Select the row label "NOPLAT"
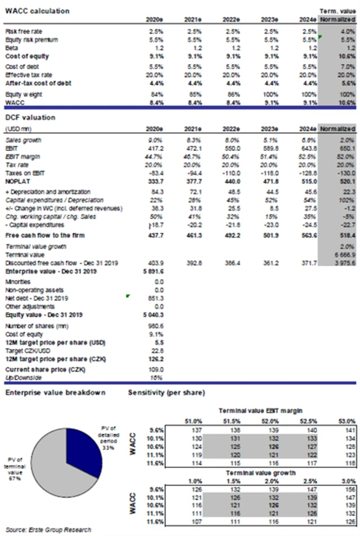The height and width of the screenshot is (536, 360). tap(17, 182)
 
